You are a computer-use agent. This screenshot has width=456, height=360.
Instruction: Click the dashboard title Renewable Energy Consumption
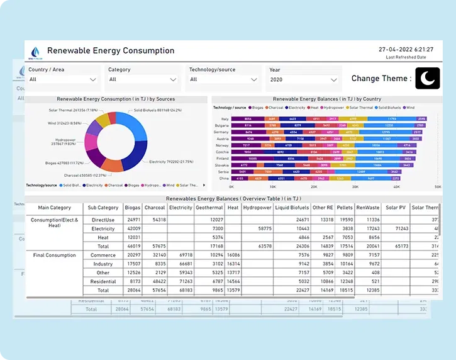[111, 50]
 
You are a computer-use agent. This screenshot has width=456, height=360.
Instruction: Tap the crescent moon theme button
[428, 78]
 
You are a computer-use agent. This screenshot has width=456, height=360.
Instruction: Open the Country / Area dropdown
[62, 79]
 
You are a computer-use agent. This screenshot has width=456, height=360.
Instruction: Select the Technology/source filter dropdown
[224, 79]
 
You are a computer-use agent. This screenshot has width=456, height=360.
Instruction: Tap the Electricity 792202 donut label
[171, 162]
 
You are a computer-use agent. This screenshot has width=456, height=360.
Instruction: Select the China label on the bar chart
[225, 179]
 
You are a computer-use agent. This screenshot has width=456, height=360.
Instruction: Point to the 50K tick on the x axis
[438, 187]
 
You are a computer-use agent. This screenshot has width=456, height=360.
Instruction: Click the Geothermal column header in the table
[209, 207]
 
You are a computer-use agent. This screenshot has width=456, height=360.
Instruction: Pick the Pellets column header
[345, 207]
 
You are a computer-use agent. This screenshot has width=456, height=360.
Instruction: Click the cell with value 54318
[155, 220]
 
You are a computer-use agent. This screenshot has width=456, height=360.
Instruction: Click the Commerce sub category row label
[103, 255]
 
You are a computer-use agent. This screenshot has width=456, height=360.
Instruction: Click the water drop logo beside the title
[35, 52]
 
